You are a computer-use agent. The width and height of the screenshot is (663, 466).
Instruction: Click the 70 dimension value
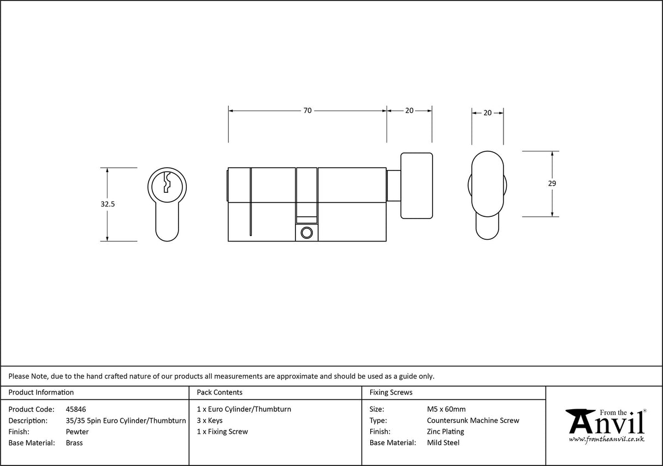pyautogui.click(x=307, y=110)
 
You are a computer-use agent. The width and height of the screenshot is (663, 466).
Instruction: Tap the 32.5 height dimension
pyautogui.click(x=108, y=204)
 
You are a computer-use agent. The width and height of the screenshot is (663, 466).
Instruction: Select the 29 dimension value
pyautogui.click(x=552, y=184)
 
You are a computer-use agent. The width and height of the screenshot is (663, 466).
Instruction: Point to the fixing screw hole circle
pyautogui.click(x=306, y=233)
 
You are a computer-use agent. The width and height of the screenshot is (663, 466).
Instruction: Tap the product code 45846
pyautogui.click(x=75, y=409)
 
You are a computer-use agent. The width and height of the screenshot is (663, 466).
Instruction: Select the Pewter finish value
pyautogui.click(x=77, y=432)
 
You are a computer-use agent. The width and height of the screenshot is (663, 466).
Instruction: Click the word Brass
pyautogui.click(x=74, y=443)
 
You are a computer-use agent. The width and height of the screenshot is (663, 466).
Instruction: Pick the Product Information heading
pyautogui.click(x=41, y=392)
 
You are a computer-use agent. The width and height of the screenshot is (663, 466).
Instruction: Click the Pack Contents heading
pyautogui.click(x=220, y=392)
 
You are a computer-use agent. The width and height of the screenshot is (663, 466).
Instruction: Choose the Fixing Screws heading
pyautogui.click(x=391, y=392)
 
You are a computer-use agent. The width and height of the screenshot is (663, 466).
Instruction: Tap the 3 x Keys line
pyautogui.click(x=210, y=421)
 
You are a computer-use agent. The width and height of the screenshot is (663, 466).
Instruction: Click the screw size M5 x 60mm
pyautogui.click(x=446, y=409)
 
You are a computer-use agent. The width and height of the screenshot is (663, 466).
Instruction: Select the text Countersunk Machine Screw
pyautogui.click(x=473, y=421)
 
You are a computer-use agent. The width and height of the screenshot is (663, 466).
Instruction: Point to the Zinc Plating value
pyautogui.click(x=445, y=432)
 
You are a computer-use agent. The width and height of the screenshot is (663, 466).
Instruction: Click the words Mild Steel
pyautogui.click(x=443, y=443)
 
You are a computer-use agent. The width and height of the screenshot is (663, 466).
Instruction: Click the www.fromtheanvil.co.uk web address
pyautogui.click(x=606, y=439)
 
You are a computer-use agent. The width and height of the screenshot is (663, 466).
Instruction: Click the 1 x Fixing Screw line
pyautogui.click(x=222, y=432)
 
